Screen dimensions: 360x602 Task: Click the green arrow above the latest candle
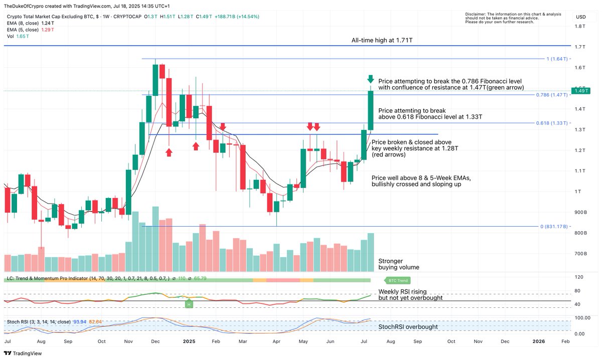click(370, 79)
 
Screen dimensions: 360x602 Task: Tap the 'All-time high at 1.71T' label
click(385, 40)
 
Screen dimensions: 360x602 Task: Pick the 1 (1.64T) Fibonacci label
click(557, 59)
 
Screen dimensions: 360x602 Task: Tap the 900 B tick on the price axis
click(581, 213)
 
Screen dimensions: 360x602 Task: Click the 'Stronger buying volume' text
click(398, 264)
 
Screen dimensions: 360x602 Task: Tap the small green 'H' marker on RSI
click(189, 304)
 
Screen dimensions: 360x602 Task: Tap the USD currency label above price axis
click(581, 17)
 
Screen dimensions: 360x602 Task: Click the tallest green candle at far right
click(371, 108)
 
